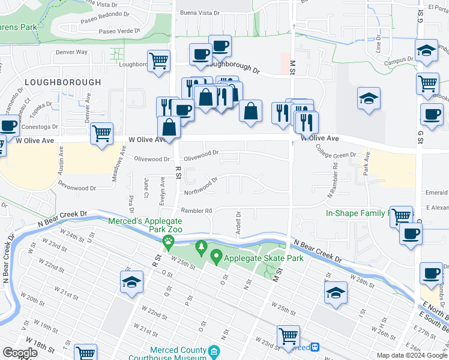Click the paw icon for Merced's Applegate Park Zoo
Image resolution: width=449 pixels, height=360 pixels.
click(169, 242)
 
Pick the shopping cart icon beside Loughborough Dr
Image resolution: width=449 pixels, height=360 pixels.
click(159, 61)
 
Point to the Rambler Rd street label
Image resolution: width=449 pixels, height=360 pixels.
click(196, 211)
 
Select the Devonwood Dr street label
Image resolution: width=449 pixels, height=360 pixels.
click(76, 188)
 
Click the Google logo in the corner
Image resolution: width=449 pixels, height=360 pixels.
click(19, 353)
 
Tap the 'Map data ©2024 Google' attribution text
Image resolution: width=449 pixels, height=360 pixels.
click(412, 355)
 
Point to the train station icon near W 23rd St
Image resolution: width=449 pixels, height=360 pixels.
click(315, 347)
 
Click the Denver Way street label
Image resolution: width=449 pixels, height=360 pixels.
click(71, 53)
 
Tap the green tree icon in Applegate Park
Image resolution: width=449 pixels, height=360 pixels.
click(201, 246)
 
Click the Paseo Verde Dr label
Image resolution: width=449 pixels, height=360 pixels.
click(119, 31)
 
